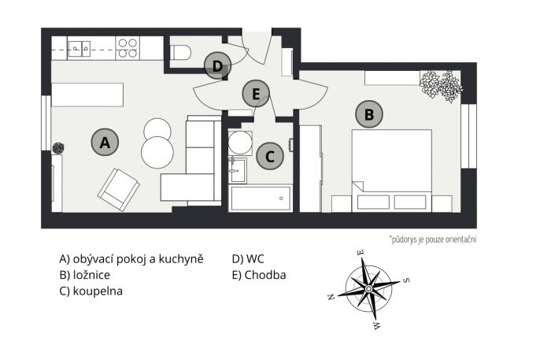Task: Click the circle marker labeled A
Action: [x=105, y=142]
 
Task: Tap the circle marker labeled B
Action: [x=369, y=114]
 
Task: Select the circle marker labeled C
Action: [x=270, y=156]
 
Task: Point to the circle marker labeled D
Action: [x=217, y=65]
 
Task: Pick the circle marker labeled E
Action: [x=256, y=94]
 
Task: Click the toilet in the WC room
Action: [x=180, y=52]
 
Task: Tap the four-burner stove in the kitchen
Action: [x=128, y=48]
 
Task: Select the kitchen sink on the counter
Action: [x=80, y=49]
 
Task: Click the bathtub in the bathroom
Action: [x=261, y=198]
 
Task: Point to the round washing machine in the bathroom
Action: [x=240, y=143]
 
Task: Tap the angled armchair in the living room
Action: [x=118, y=190]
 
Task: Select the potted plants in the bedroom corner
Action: [x=441, y=85]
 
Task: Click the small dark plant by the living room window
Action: [x=58, y=148]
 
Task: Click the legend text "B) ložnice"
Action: [x=85, y=275]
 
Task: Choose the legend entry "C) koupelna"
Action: [x=91, y=291]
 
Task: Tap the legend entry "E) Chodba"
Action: [x=259, y=275]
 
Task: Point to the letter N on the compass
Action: [x=331, y=297]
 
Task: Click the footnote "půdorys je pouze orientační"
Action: [x=433, y=239]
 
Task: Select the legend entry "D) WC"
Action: [x=248, y=258]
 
